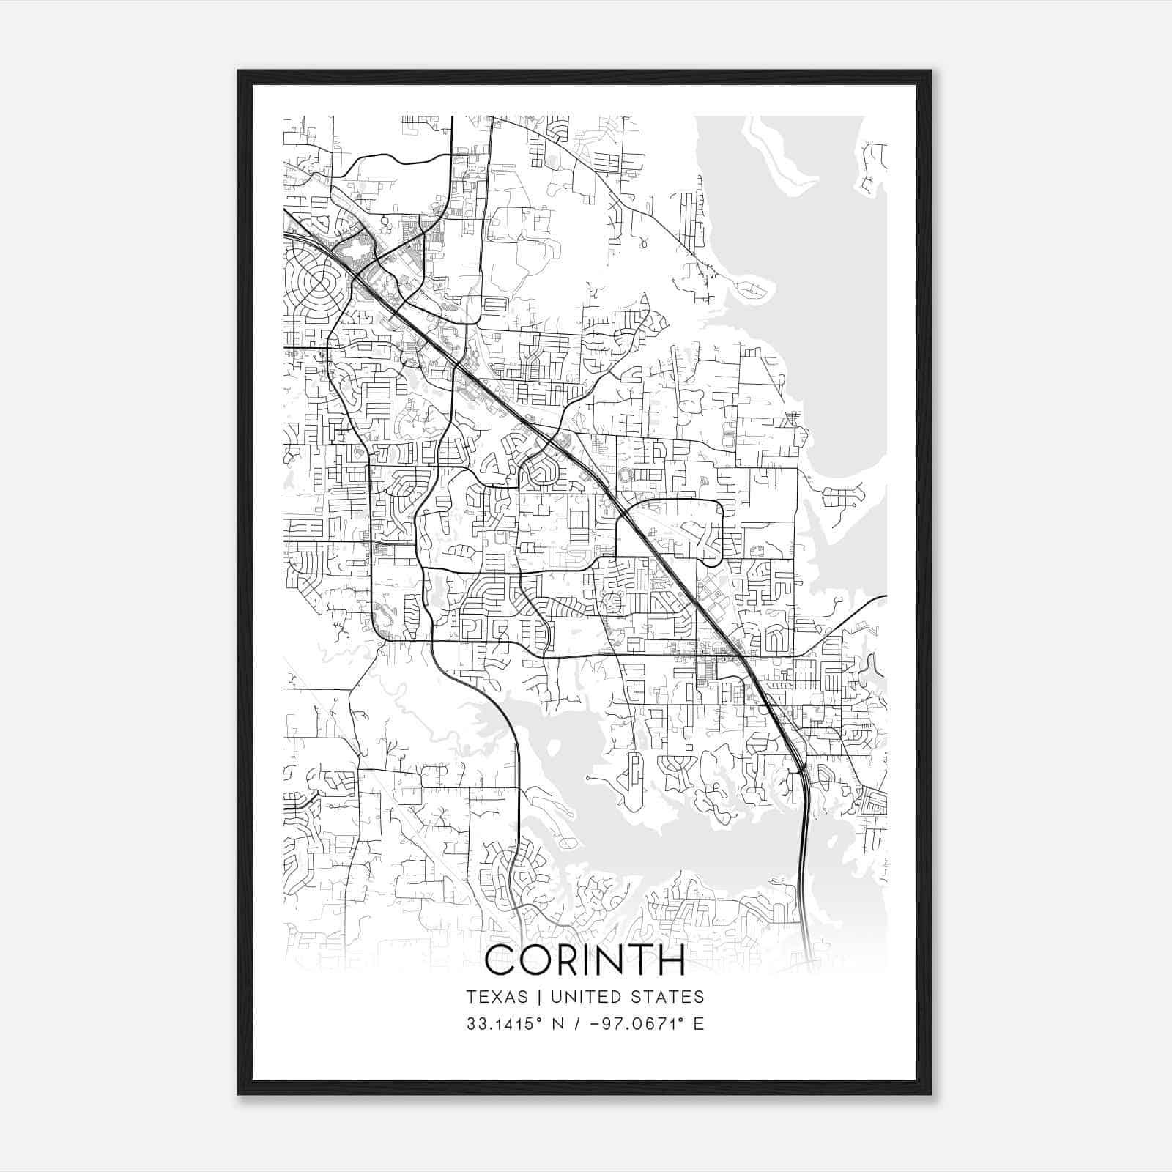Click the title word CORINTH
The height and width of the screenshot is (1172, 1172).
585,960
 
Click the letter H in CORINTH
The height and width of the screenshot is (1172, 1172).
670,960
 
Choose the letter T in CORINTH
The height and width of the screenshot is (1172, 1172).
639,960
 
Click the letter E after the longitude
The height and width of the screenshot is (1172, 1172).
699,1023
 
